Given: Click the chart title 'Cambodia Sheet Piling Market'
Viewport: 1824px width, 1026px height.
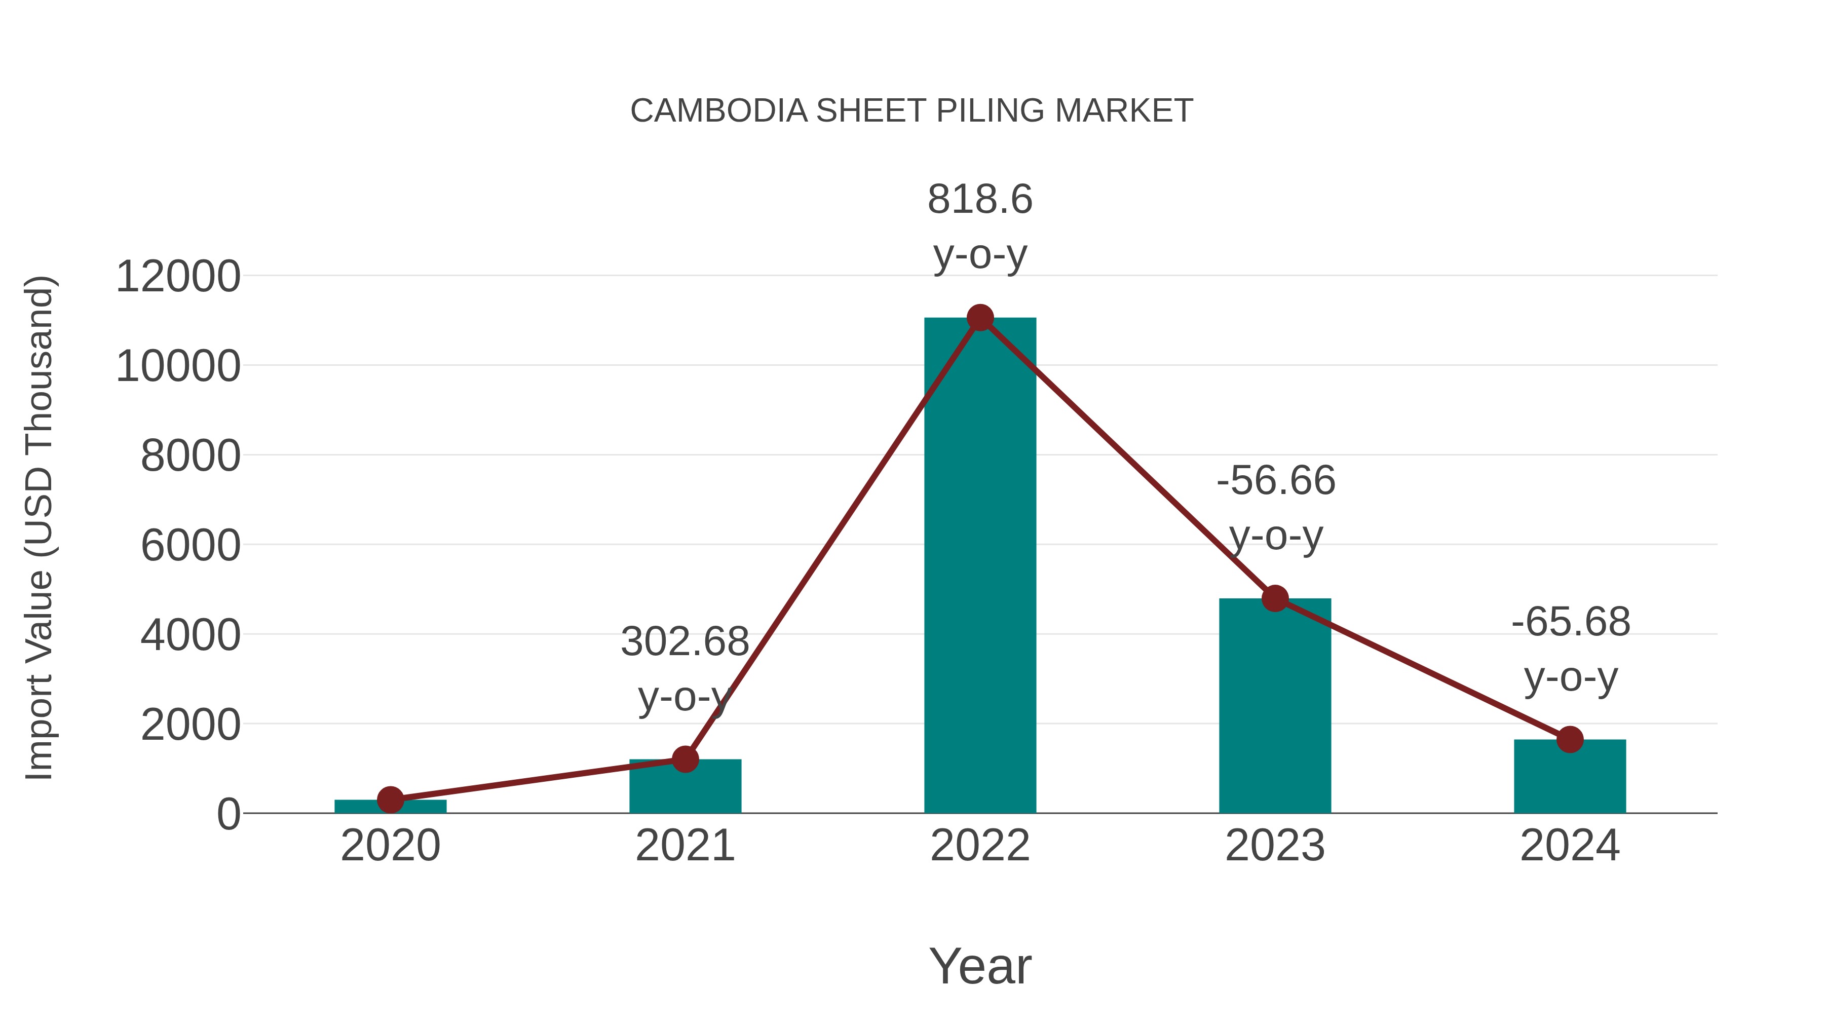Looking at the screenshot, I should pos(911,111).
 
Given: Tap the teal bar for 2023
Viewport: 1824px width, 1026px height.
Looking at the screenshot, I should pos(1275,708).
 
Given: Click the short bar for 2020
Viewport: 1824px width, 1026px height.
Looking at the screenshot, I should pos(390,807).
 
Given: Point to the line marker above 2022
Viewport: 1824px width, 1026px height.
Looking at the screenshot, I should pos(980,318).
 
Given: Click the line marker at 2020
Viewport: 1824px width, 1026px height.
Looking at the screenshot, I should pos(390,800).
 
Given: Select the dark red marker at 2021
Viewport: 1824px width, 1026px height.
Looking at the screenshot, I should pos(685,759).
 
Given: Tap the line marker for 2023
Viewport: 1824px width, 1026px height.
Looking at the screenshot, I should pos(1275,598).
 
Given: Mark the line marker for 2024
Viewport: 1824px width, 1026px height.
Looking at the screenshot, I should pos(1570,739).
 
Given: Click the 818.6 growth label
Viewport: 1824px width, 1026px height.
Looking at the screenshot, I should pos(980,200).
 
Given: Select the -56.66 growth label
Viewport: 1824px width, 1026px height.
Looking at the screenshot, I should pos(1276,481).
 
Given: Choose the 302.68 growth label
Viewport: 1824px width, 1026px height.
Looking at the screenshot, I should pos(685,642).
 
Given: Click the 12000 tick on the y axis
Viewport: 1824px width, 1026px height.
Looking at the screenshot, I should pos(178,276).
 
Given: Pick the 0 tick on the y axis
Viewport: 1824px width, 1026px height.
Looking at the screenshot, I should pos(229,814).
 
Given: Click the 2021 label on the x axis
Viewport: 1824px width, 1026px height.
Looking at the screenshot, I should pos(685,846).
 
